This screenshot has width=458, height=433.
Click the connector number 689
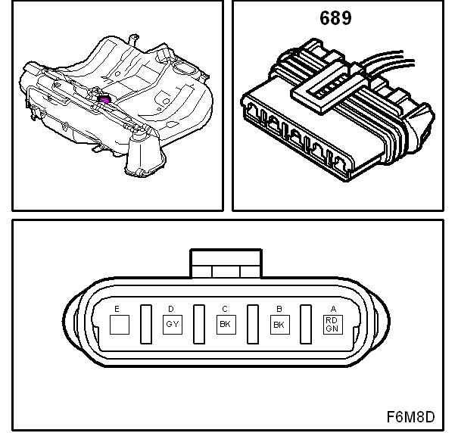tap(335, 18)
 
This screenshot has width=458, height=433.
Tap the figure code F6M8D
tap(410, 416)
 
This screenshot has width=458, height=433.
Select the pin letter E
tap(117, 309)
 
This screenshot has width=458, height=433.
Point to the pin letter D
tap(170, 309)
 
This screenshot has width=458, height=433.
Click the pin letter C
tap(224, 309)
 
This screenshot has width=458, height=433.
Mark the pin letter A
tap(332, 309)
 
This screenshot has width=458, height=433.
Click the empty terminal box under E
tap(119, 325)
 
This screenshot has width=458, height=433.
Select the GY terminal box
tap(172, 325)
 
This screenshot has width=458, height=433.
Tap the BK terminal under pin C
tap(225, 325)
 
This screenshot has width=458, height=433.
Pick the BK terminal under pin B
tap(279, 325)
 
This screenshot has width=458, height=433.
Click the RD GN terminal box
tap(332, 325)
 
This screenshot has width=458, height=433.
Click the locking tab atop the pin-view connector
tap(226, 266)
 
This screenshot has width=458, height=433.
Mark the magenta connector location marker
tap(104, 98)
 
